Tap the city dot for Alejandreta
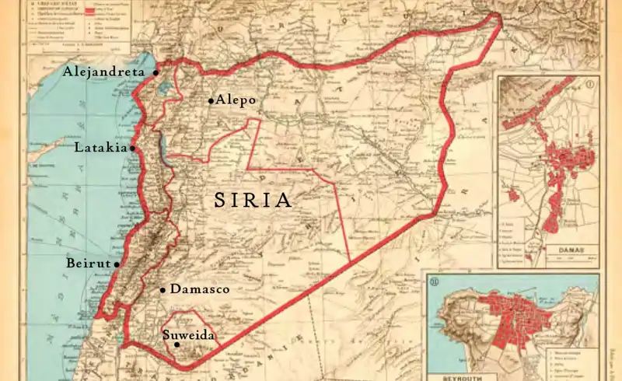tap(155, 72)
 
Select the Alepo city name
tap(236, 100)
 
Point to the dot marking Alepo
tap(211, 100)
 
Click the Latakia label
tap(100, 147)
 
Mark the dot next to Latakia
tap(132, 148)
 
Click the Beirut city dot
tap(117, 264)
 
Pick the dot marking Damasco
tap(162, 290)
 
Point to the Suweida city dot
tap(177, 344)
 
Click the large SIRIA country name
tap(253, 201)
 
